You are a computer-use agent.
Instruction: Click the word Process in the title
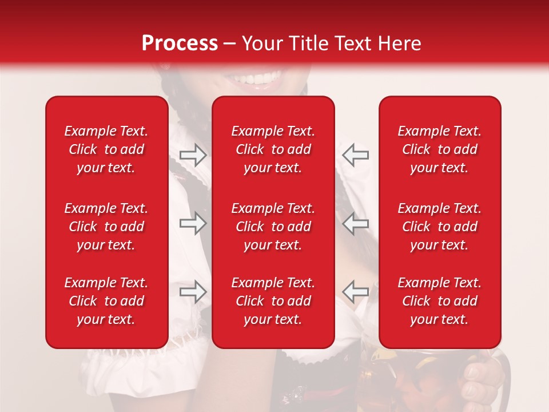click(x=179, y=43)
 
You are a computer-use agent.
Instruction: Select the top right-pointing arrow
click(x=193, y=154)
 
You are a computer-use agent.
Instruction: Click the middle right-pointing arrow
click(x=193, y=223)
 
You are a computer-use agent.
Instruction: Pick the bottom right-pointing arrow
click(x=193, y=292)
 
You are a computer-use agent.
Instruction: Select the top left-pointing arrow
click(x=355, y=154)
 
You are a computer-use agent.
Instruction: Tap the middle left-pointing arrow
click(x=355, y=223)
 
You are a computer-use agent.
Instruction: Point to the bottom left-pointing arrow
click(x=355, y=292)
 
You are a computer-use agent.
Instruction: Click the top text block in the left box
click(x=106, y=149)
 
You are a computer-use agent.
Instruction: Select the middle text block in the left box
click(x=106, y=227)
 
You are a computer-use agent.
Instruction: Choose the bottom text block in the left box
click(x=106, y=301)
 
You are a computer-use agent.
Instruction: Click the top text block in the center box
click(x=273, y=149)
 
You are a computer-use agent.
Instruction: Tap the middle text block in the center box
click(x=273, y=227)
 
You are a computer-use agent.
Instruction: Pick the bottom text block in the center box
click(x=273, y=301)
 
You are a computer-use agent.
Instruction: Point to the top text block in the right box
click(x=440, y=149)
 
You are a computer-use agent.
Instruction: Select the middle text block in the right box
click(x=440, y=227)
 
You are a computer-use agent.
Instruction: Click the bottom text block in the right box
click(x=440, y=301)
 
